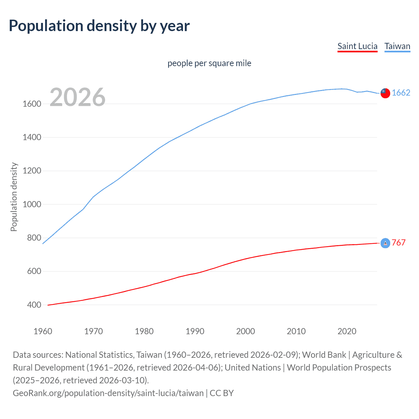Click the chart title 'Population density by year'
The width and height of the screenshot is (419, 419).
(x=99, y=26)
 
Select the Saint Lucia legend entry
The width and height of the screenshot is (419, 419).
(x=357, y=46)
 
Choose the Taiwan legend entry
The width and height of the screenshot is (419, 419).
(x=397, y=46)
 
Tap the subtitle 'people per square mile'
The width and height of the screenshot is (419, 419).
(x=209, y=63)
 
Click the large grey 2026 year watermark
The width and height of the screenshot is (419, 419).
(x=78, y=97)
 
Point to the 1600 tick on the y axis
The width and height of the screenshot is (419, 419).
(x=32, y=104)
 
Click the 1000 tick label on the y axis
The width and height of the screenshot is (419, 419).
(x=32, y=204)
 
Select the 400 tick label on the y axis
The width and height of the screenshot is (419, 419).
(x=34, y=305)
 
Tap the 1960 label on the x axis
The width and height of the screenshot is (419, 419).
(x=43, y=331)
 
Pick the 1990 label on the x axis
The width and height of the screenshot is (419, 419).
(x=195, y=331)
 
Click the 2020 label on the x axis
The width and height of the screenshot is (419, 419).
(x=347, y=331)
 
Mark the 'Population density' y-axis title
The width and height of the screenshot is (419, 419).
(x=14, y=197)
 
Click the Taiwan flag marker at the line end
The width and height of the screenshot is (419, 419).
(x=385, y=93)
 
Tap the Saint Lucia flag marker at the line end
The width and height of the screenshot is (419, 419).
(x=385, y=243)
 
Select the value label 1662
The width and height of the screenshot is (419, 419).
(x=401, y=93)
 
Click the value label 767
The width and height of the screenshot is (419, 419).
(x=399, y=243)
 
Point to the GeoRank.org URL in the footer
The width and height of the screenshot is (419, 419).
(x=108, y=393)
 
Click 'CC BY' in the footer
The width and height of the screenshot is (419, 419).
(x=222, y=393)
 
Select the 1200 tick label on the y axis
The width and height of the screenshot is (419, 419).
(x=32, y=171)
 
